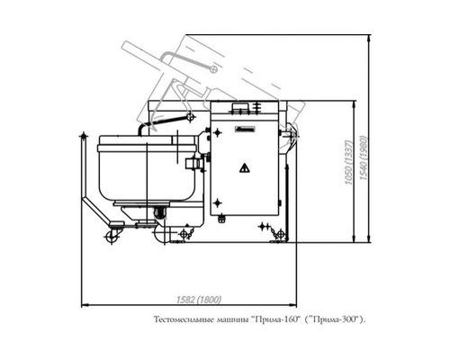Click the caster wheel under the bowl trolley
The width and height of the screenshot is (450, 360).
113,237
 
